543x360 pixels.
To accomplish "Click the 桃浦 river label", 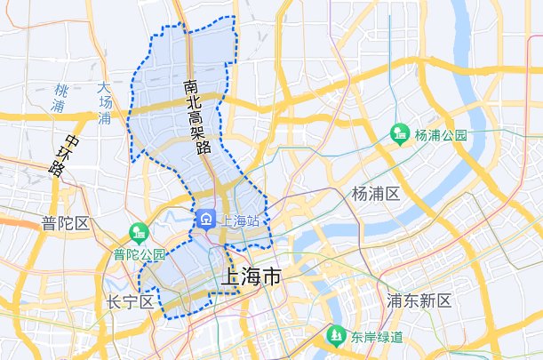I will pos(60,98).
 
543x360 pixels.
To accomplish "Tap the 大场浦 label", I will pos(105,102).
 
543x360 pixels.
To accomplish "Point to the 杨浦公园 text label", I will pos(441,135).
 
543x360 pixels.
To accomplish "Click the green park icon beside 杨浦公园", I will pos(401,134).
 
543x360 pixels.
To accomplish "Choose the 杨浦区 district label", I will pos(377,194).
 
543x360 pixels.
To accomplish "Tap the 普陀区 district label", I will pos(66,222).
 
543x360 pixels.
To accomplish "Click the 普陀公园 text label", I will pos(140,254).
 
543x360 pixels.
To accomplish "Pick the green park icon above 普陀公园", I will pos(138,234).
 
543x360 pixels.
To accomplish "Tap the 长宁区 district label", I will pos(130,301).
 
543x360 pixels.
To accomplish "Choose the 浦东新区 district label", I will pos(419,300).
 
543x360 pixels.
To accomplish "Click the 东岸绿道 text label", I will pos(376,337).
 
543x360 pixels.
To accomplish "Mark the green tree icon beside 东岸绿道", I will pos(336,336).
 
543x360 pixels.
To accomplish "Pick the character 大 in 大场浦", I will pos(105,88).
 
